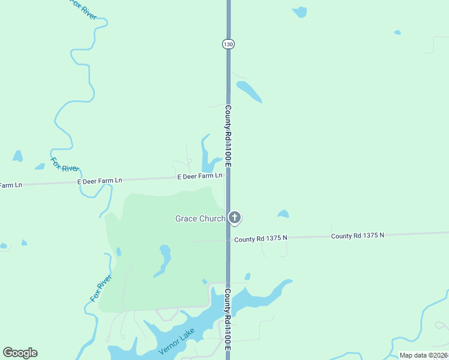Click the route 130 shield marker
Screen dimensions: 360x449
click(228, 44)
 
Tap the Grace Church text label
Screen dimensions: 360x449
click(200, 218)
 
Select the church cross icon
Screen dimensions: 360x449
click(235, 218)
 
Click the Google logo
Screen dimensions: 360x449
click(20, 353)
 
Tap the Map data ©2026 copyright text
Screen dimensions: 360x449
click(423, 355)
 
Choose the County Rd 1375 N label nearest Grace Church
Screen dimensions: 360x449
click(261, 238)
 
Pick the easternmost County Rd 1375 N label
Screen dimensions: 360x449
click(357, 236)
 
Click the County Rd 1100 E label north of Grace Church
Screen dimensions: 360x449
click(228, 136)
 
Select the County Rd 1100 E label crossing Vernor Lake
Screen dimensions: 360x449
click(228, 319)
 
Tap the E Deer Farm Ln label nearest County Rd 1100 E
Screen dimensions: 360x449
click(200, 176)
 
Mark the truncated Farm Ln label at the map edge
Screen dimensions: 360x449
click(11, 185)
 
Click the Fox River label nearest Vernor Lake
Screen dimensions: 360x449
click(101, 288)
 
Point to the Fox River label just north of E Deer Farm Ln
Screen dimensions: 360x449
click(64, 164)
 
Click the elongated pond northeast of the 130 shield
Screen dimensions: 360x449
click(249, 91)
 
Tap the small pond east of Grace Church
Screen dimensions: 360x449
click(283, 214)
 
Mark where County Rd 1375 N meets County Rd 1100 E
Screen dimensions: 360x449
click(228, 239)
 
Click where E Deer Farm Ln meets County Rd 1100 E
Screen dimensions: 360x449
click(228, 176)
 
